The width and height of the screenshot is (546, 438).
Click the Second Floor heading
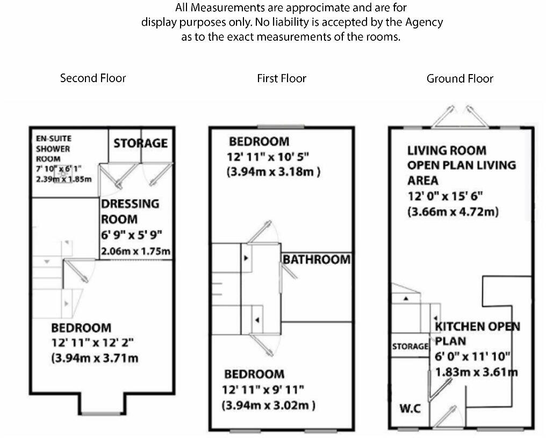pyautogui.click(x=93, y=78)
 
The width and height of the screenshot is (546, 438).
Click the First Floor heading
pyautogui.click(x=282, y=78)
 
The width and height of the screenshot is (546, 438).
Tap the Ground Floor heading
pyautogui.click(x=460, y=78)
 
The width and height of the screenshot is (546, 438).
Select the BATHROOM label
pyautogui.click(x=317, y=260)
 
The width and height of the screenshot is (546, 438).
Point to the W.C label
pyautogui.click(x=410, y=408)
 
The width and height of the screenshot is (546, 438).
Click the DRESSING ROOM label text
pyautogui.click(x=130, y=211)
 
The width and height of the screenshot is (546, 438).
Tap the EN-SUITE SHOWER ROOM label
pyautogui.click(x=54, y=149)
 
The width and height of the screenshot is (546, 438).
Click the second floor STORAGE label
pyautogui.click(x=141, y=143)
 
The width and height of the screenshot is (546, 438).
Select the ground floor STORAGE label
pyautogui.click(x=410, y=347)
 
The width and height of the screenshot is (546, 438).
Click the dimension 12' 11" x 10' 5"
pyautogui.click(x=268, y=157)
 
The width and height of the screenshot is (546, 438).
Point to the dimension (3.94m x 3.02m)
pyautogui.click(x=269, y=405)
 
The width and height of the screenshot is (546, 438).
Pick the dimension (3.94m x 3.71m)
pyautogui.click(x=95, y=358)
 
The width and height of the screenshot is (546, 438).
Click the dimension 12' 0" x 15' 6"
pyautogui.click(x=446, y=196)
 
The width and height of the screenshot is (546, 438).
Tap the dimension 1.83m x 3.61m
pyautogui.click(x=477, y=373)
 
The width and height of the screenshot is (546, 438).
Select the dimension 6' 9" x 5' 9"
pyautogui.click(x=132, y=235)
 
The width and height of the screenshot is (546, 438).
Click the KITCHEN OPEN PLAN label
pyautogui.click(x=477, y=334)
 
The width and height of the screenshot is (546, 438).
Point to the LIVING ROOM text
pyautogui.click(x=447, y=151)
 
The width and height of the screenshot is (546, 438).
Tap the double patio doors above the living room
pyautogui.click(x=460, y=117)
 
